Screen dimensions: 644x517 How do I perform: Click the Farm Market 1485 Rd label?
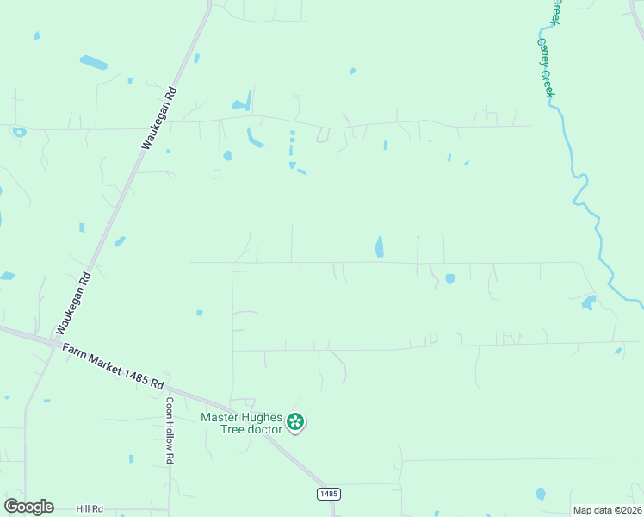113,366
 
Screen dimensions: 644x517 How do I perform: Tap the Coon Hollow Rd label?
170,431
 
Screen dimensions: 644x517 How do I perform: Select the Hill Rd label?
89,509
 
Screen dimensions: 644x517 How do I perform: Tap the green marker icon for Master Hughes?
295,422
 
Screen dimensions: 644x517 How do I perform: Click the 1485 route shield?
328,494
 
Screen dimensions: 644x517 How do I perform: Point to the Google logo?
28,507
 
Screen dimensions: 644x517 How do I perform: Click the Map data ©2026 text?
607,510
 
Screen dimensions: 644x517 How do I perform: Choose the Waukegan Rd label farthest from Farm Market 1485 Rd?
159,118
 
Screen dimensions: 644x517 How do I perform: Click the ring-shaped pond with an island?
19,132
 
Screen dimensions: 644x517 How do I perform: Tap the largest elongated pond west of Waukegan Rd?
93,63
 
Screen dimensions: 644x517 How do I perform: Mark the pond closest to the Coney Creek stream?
589,302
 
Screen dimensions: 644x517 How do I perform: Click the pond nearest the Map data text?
540,494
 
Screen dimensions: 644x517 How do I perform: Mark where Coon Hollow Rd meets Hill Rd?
170,509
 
